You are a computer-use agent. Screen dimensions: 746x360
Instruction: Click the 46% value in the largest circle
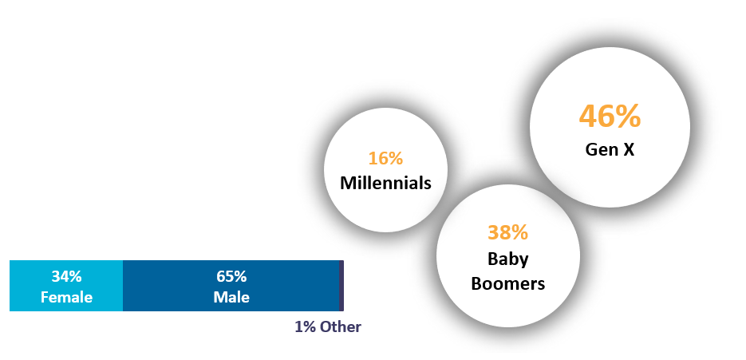tap(610, 117)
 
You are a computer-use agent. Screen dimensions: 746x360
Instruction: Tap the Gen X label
tap(610, 149)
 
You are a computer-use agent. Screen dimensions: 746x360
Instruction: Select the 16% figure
tap(385, 159)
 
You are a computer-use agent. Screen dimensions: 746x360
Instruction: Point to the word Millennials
tap(385, 183)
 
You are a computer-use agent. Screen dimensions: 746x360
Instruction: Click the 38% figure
tap(507, 232)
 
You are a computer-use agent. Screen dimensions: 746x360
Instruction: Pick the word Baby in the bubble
tap(507, 259)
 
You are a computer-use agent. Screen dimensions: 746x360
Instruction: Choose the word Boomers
tap(507, 284)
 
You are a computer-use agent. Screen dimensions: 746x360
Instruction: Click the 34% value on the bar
tap(66, 277)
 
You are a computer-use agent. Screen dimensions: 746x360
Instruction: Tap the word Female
tap(66, 297)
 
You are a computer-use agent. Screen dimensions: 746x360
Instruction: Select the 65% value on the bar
tap(231, 277)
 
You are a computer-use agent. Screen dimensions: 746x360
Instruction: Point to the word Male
tap(231, 297)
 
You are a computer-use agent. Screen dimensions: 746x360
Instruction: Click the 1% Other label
tap(328, 326)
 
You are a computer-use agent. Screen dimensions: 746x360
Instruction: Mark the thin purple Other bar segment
tap(341, 286)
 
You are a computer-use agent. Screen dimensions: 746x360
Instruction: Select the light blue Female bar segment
tap(66, 286)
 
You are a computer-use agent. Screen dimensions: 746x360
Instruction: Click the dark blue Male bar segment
tap(231, 286)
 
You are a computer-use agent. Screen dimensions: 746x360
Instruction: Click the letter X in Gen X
tap(629, 149)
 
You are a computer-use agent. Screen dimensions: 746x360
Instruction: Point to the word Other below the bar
tap(340, 326)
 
